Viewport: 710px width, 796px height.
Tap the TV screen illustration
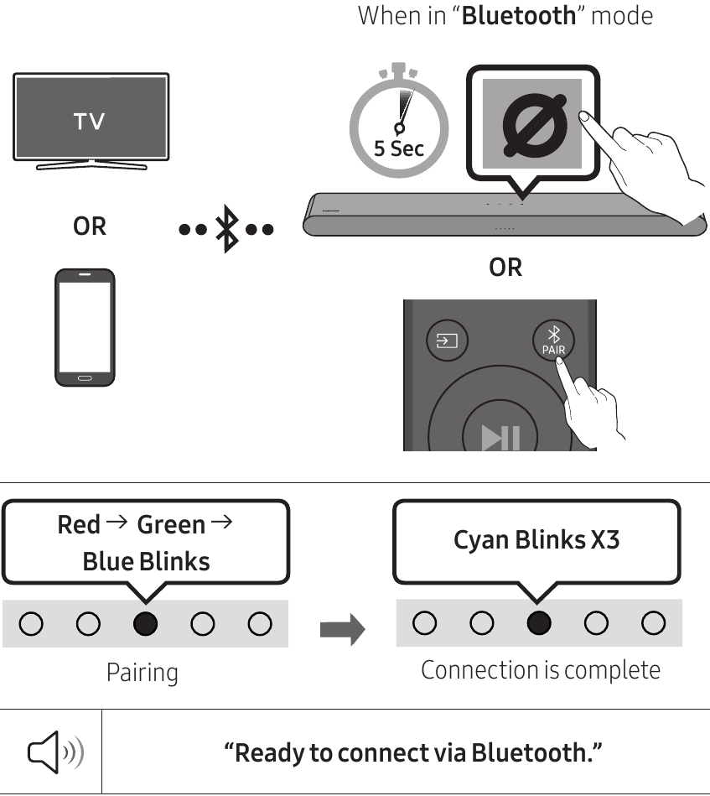coord(91,119)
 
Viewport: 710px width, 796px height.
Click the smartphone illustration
coord(84,326)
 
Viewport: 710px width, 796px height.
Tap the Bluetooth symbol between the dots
coord(226,228)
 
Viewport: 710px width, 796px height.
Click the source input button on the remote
coord(447,341)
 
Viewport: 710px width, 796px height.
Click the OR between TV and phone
coord(89,226)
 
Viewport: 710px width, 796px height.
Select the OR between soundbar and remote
coord(505,268)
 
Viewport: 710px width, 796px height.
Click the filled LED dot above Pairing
coord(145,624)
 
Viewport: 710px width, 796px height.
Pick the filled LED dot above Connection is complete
coord(539,623)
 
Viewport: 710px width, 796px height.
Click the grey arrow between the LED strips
coord(342,627)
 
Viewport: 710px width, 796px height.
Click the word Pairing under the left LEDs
coord(142,673)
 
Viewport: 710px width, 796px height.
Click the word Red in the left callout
coord(79,525)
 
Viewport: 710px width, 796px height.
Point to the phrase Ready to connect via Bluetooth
coord(413,752)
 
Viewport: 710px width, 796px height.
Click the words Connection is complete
coord(540,670)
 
